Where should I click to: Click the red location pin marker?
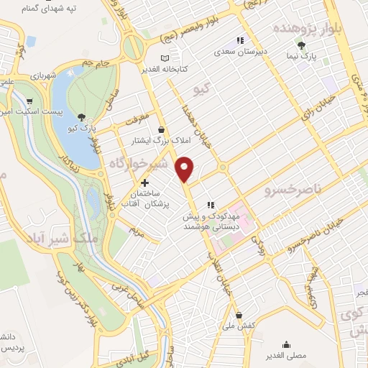point(185,169)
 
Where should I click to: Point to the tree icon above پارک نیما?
point(310,45)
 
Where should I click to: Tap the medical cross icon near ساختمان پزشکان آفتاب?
point(145,183)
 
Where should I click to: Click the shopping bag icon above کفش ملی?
point(239,314)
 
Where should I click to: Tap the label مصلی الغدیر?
point(287,355)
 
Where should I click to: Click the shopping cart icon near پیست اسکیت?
point(29,101)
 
